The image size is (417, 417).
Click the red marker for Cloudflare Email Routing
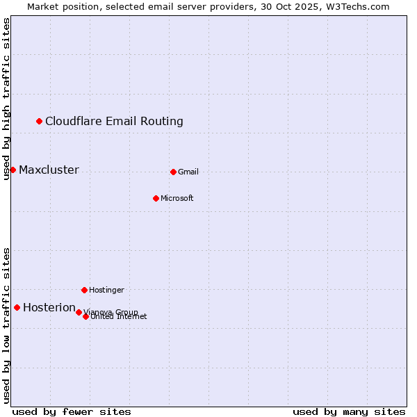pos(39,122)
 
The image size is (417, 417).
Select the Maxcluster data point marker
pos(13,170)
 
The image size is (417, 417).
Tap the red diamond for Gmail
pos(173,172)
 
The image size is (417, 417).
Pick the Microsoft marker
pos(156,198)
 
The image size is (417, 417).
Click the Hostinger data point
pos(84,290)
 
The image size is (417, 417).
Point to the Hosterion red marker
pos(17,307)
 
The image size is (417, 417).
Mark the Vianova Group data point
pos(79,312)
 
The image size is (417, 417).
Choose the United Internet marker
pos(85,316)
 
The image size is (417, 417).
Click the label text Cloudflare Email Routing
pos(114,122)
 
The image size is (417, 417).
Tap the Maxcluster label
pos(49,170)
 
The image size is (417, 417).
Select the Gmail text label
pos(188,172)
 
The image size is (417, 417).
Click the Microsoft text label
pos(177,199)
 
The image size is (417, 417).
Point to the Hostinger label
pos(106,291)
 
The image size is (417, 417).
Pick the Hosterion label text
pos(49,308)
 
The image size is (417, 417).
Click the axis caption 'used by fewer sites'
pos(72,411)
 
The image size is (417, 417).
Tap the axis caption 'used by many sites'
pos(349,411)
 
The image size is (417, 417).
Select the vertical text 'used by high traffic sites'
pos(7,99)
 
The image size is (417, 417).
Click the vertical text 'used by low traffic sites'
pos(7,325)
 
